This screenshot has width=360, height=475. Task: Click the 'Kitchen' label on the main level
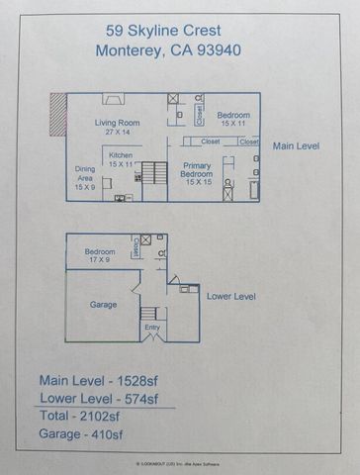click(x=121, y=155)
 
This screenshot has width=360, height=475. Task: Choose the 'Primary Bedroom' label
click(x=199, y=173)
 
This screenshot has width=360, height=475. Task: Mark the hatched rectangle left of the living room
click(x=58, y=114)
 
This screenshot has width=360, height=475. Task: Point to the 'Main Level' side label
click(x=297, y=145)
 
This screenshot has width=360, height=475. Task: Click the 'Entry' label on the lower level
click(x=151, y=327)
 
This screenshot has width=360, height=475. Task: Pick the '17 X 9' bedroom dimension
click(x=100, y=260)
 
